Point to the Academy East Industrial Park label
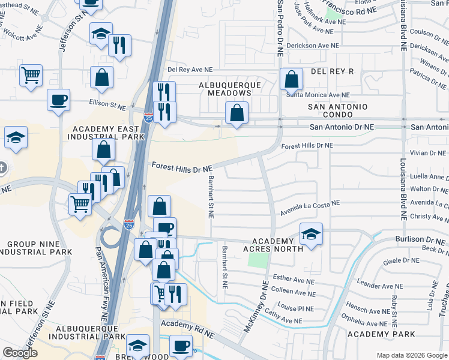point(109,133)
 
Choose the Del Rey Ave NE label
point(190,70)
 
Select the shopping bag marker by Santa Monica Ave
point(291,79)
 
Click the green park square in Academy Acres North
point(258,260)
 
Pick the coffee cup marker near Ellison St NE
point(58,99)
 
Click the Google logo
point(20,353)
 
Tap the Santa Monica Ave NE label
point(318,95)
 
